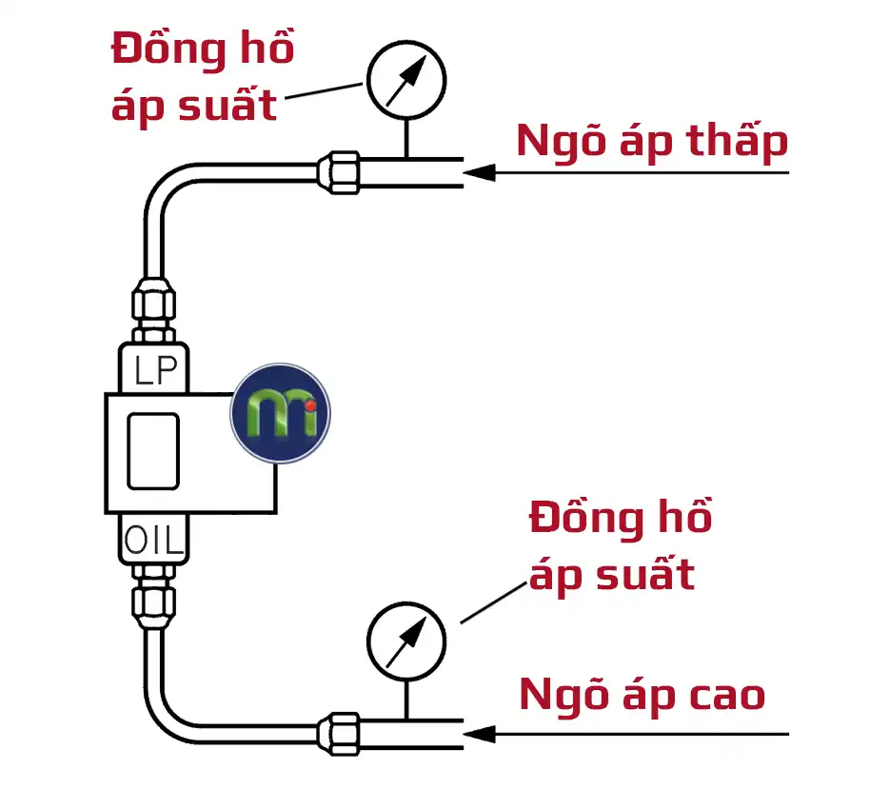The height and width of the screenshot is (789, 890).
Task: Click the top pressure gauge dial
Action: click(405, 83)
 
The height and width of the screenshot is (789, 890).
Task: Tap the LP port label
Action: click(155, 371)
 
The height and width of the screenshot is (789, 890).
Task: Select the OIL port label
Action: click(154, 542)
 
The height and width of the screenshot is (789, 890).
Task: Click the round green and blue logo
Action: click(280, 413)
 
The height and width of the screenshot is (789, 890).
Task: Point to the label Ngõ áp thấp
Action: click(652, 143)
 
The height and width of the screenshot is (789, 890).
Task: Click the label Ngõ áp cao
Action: click(643, 696)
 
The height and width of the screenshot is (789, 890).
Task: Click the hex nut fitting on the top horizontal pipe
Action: click(339, 172)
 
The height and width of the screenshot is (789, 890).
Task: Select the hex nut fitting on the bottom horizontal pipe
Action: click(339, 733)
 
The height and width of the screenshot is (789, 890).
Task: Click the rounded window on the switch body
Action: click(153, 451)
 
